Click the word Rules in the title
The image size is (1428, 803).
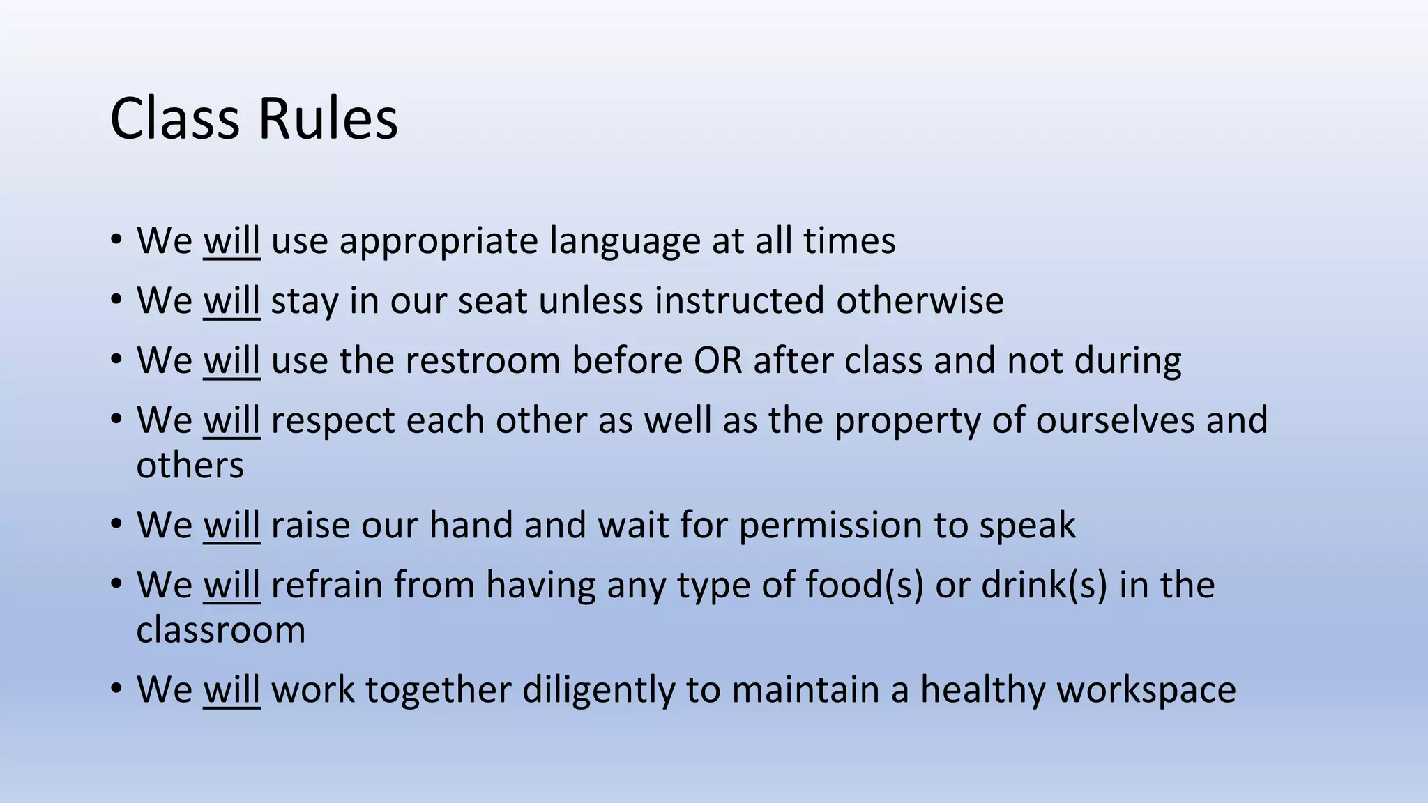tap(328, 118)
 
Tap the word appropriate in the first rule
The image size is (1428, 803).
tap(439, 242)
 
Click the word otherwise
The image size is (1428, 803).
tap(920, 301)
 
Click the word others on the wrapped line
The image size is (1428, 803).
tap(190, 466)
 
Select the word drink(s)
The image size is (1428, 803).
tap(1044, 586)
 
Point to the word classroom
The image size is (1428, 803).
tap(220, 630)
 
